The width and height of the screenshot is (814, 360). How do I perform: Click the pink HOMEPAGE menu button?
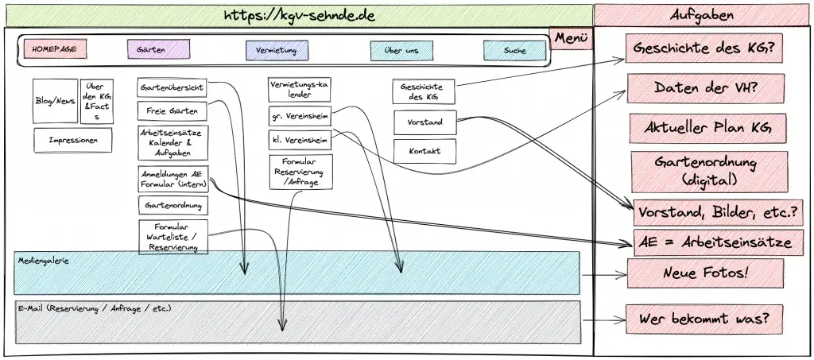click(x=54, y=49)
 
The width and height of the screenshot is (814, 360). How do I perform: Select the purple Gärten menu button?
click(x=158, y=50)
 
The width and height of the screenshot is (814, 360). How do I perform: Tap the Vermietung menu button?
click(x=276, y=50)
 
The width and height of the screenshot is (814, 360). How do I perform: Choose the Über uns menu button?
click(x=401, y=50)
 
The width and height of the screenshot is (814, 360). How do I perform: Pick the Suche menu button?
click(x=514, y=50)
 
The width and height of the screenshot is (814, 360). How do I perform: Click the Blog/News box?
click(x=55, y=101)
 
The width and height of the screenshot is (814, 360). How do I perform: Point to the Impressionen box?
click(x=73, y=140)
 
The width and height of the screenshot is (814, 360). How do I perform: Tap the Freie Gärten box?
click(x=172, y=110)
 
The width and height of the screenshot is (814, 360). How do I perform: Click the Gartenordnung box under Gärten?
click(x=172, y=205)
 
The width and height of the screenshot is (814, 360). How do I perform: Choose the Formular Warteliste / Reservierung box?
click(x=172, y=236)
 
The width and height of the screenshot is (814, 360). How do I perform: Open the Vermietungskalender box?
click(x=298, y=88)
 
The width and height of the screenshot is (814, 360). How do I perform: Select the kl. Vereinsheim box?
click(x=298, y=141)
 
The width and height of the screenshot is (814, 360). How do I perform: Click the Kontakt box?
click(x=424, y=151)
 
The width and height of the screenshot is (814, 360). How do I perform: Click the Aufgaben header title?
click(x=702, y=15)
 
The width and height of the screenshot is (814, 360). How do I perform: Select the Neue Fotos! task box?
click(x=705, y=273)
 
